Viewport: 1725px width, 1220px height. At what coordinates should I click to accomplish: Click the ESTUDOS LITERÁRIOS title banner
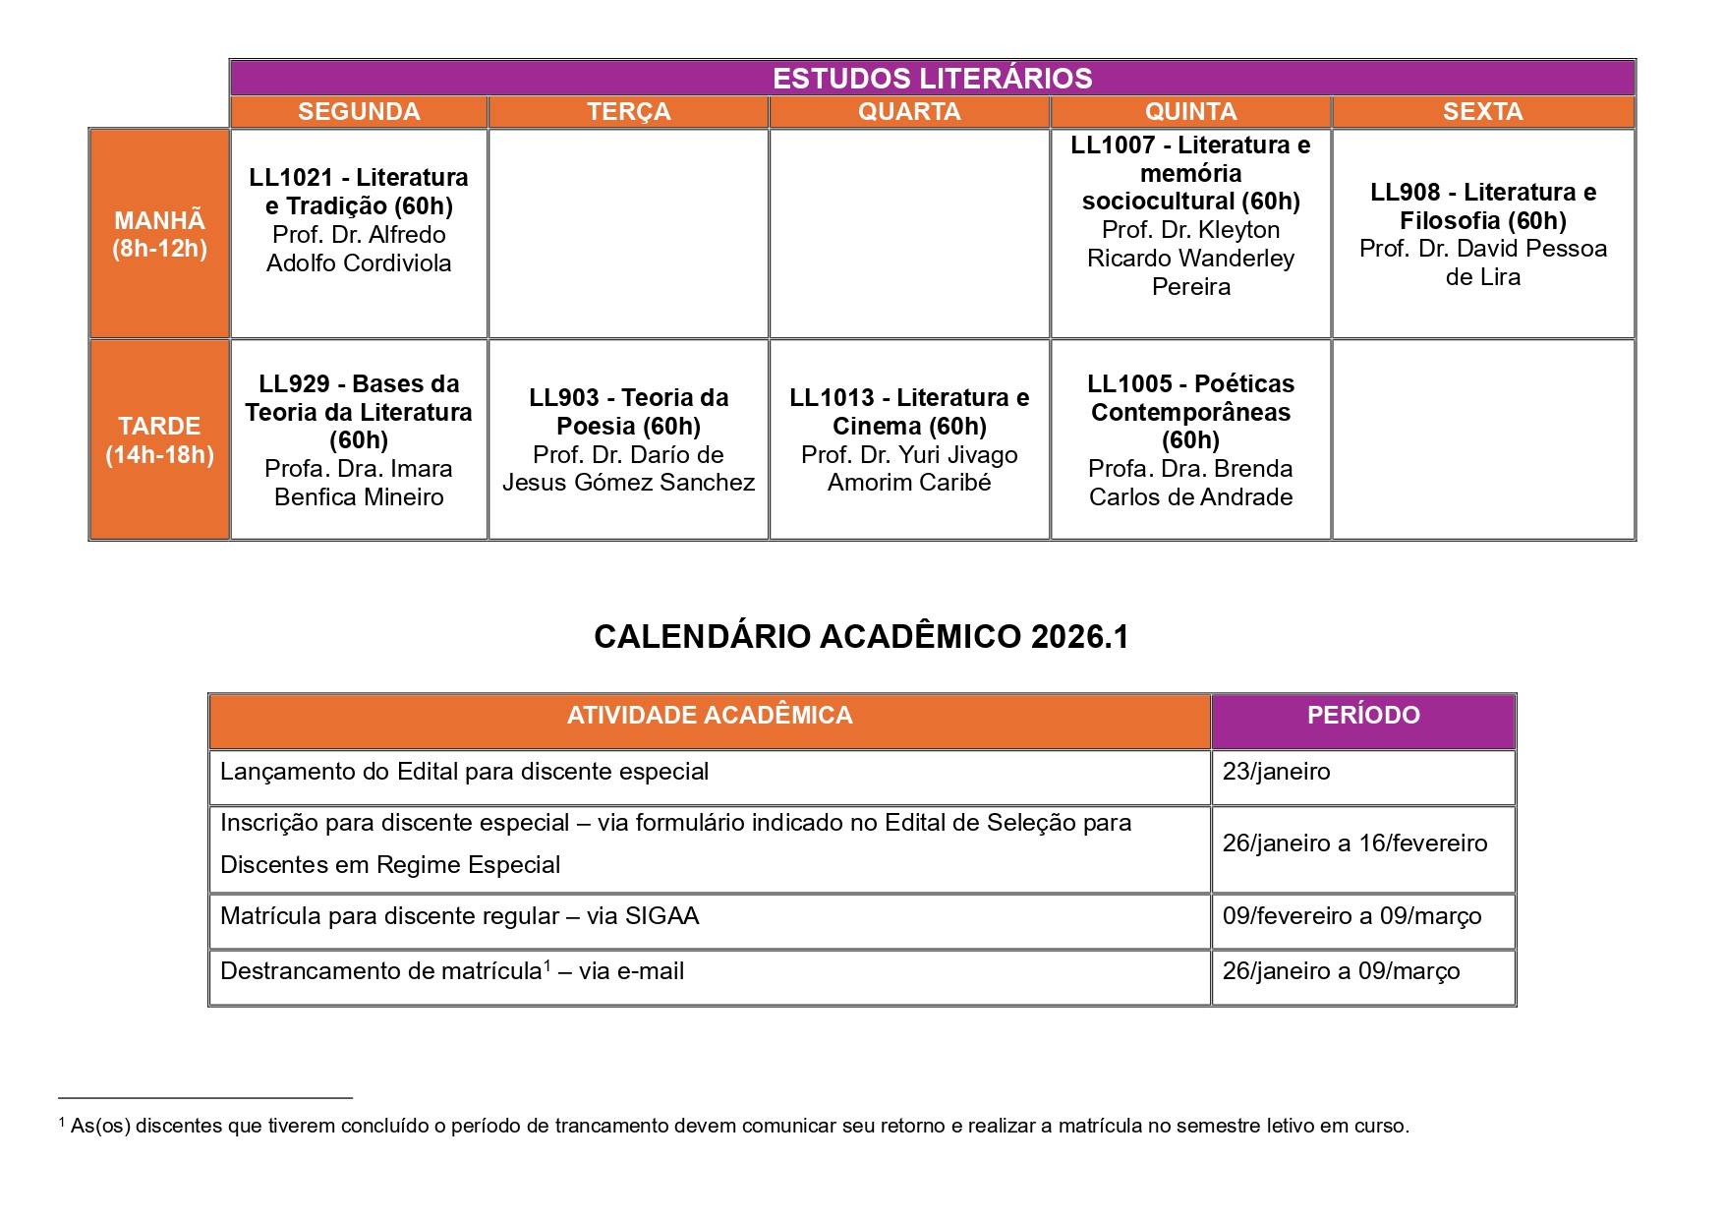point(932,79)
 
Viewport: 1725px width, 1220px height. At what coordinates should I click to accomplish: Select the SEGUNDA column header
point(359,112)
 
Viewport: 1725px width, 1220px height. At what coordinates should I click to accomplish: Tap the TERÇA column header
point(629,112)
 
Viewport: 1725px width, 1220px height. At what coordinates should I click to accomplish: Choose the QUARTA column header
point(909,112)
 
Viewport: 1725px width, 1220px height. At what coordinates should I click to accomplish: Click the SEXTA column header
point(1482,112)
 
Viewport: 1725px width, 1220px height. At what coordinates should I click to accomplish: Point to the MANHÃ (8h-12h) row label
point(159,234)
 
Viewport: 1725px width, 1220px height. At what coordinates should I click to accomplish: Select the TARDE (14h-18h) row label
point(159,439)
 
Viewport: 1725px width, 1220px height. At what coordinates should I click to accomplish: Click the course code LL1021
point(291,178)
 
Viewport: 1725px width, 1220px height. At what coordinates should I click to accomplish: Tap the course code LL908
point(1405,193)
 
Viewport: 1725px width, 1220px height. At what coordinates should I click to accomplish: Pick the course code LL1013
point(832,398)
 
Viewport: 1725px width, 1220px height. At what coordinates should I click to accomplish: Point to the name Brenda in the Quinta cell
point(1253,469)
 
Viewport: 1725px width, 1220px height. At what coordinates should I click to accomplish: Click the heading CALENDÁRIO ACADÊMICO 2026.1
point(861,637)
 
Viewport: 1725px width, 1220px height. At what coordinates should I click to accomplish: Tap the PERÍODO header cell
point(1363,716)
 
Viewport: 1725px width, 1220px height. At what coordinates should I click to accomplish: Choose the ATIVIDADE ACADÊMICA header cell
point(710,716)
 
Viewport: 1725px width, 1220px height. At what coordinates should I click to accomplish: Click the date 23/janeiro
point(1276,772)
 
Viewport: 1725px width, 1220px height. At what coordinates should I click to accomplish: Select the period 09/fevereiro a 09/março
point(1351,916)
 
